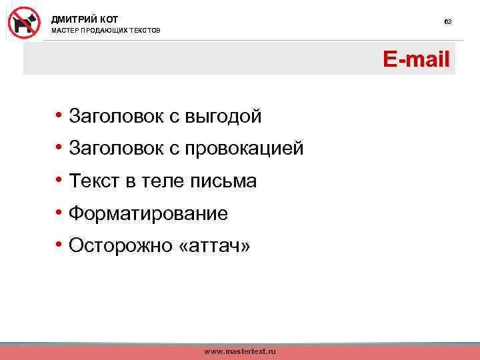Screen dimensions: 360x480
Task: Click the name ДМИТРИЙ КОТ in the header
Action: (85, 19)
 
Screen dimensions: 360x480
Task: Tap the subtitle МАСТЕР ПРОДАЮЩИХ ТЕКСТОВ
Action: (106, 31)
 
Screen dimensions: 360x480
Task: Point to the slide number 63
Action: (448, 22)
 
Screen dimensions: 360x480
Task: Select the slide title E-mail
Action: (416, 60)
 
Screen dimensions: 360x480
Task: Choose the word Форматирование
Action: (148, 214)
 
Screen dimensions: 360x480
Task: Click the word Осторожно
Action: (117, 246)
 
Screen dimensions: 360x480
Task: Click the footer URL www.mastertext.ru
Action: (239, 351)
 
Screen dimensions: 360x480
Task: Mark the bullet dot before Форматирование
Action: (60, 213)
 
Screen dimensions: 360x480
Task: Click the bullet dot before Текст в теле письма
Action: (60, 180)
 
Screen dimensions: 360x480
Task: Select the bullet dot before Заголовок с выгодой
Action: (60, 116)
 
